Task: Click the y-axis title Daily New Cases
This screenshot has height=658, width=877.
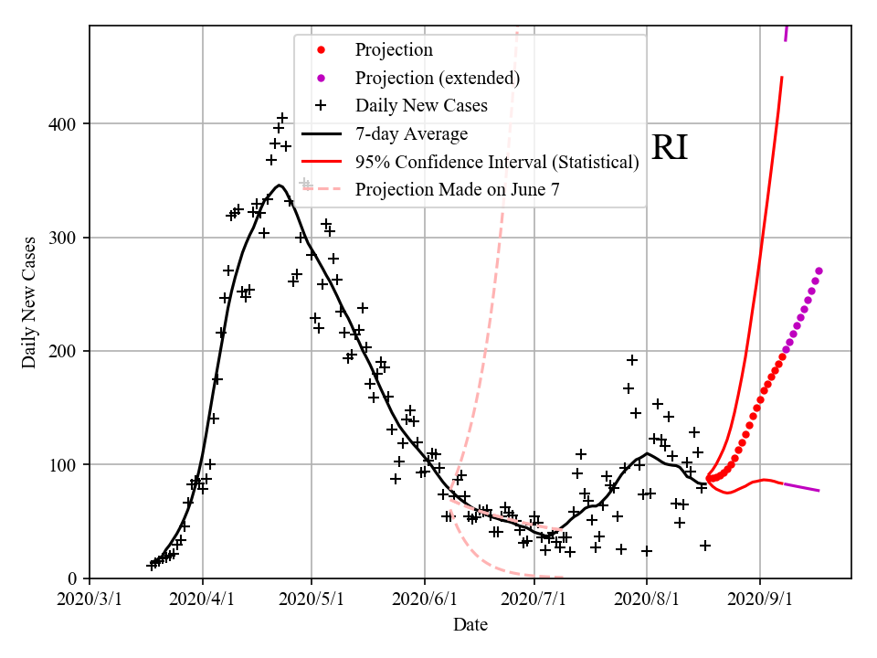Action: pos(30,302)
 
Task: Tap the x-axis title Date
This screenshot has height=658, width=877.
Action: pos(470,625)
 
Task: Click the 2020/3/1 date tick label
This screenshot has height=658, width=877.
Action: pos(90,600)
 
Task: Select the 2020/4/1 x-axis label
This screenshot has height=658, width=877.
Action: pos(203,600)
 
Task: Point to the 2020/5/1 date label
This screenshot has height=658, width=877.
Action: pos(312,600)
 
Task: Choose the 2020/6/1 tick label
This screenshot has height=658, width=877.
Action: pos(425,600)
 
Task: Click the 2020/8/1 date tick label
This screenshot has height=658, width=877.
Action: pos(647,600)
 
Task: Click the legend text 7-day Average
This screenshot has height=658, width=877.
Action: pos(411,134)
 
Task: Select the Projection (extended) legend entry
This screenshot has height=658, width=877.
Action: pos(438,78)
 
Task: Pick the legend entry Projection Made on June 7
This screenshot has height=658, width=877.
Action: pos(457,190)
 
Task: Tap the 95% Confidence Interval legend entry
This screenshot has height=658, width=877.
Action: pos(497,162)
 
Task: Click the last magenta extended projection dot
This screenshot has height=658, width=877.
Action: pos(819,271)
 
